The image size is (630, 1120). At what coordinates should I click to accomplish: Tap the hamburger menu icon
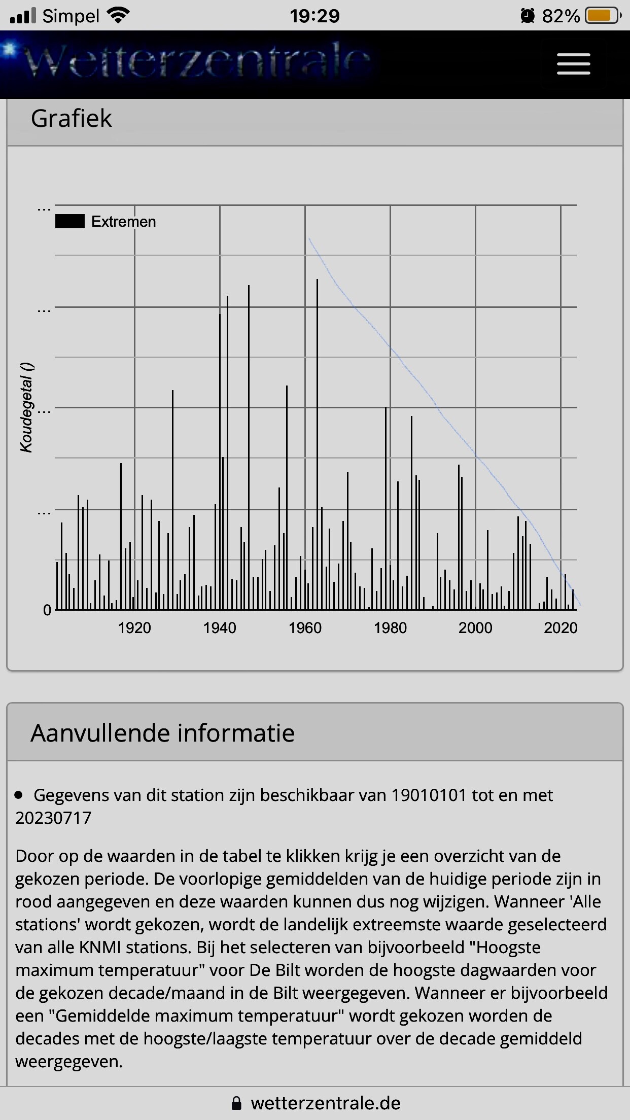[573, 64]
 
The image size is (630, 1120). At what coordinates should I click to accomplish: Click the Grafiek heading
[71, 119]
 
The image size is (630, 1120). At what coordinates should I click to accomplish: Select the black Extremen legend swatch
[70, 222]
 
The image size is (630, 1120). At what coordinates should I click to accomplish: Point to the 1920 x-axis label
[134, 628]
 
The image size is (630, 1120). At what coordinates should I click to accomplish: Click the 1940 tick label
[220, 628]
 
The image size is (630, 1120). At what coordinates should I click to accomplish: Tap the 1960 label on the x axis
[305, 628]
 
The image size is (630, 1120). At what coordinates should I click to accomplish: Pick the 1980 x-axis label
[390, 628]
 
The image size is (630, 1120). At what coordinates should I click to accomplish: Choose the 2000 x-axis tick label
[475, 628]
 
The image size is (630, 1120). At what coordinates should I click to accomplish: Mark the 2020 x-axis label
[561, 628]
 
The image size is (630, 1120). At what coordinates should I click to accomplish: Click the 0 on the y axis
[47, 610]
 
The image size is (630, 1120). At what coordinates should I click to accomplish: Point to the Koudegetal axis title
[27, 407]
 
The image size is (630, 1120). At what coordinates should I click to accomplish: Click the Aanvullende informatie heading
[162, 733]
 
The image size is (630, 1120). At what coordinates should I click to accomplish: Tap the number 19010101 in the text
[429, 795]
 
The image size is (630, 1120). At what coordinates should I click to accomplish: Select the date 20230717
[53, 818]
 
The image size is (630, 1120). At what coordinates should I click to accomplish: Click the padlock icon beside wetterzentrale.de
[236, 1103]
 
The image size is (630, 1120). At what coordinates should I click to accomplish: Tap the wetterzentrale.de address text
[326, 1103]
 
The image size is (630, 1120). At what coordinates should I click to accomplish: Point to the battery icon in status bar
[602, 16]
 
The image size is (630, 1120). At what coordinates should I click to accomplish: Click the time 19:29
[314, 16]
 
